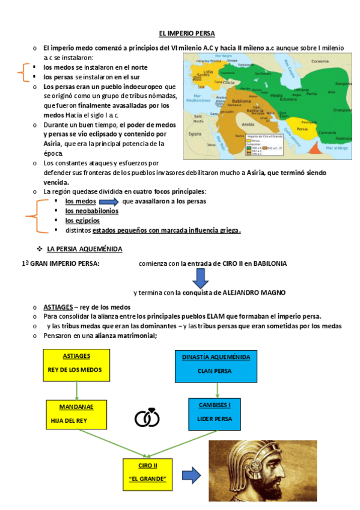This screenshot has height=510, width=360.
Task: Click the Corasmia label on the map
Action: click(x=320, y=61)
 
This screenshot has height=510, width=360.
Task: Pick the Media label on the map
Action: click(x=276, y=96)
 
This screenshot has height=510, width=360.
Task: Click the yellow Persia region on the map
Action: click(x=302, y=130)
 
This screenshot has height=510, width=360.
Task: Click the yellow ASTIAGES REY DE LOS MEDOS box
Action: click(x=76, y=365)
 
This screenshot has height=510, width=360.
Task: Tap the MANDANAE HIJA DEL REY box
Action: click(x=76, y=415)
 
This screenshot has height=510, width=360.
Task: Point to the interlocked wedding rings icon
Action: click(x=147, y=417)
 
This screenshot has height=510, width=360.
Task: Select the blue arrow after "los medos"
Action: click(x=112, y=201)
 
